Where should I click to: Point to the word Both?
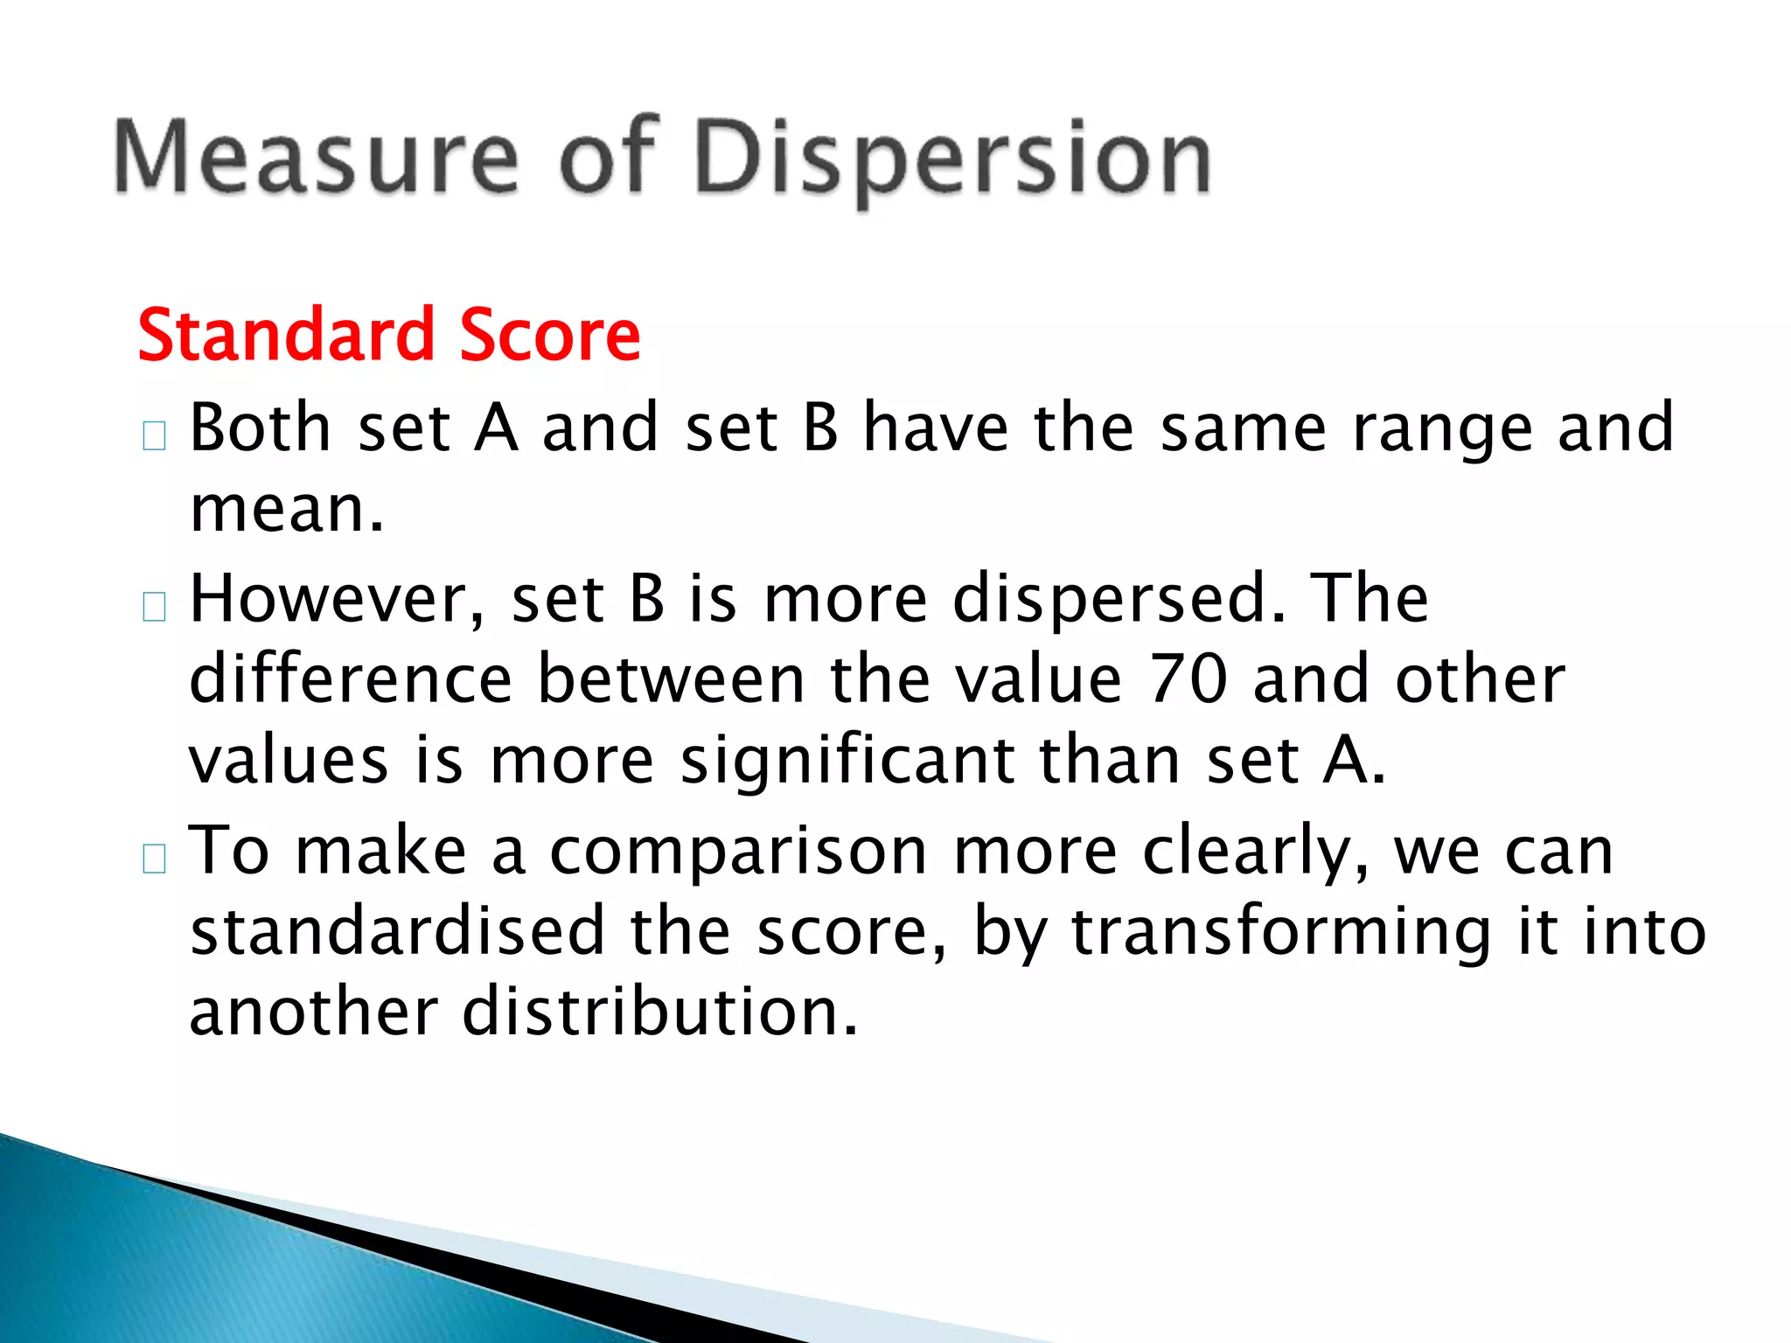click(261, 428)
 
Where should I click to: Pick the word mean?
click(286, 510)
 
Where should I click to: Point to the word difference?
click(351, 679)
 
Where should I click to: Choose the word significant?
click(847, 761)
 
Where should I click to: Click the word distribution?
click(660, 1012)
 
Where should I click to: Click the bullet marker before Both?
click(154, 435)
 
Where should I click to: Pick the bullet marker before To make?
click(154, 859)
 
